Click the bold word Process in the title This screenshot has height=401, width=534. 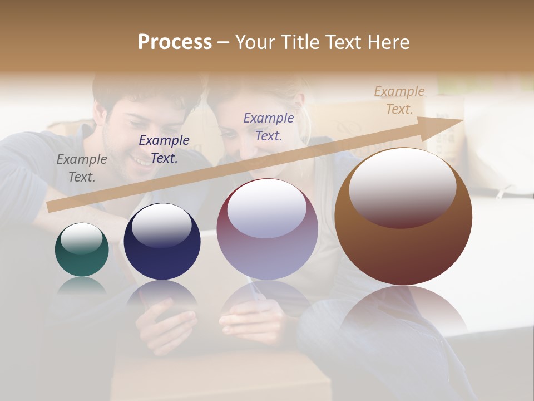pos(175,42)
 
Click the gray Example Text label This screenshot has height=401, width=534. pos(82,168)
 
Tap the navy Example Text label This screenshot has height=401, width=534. pos(164,149)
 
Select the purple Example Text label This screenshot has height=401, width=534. pos(269,126)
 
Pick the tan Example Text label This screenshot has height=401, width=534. pos(399,100)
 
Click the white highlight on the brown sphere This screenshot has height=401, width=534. pos(402,187)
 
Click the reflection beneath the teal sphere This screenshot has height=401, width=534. pos(82,285)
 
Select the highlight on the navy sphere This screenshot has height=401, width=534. pos(161,226)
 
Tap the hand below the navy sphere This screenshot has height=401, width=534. pos(167,329)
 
